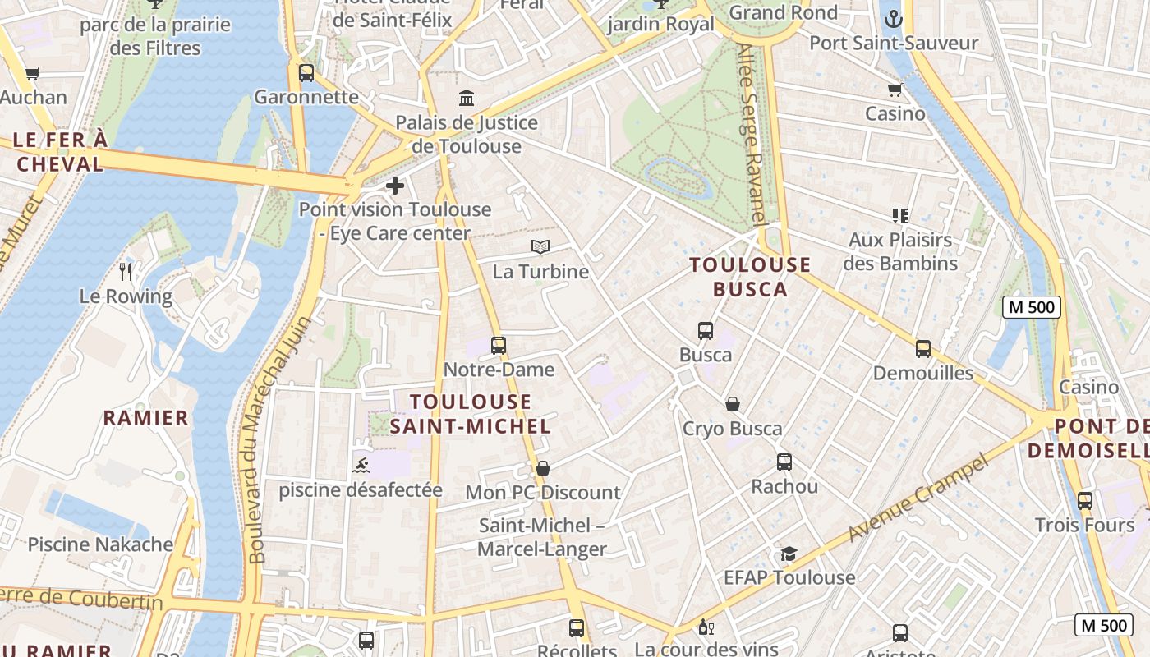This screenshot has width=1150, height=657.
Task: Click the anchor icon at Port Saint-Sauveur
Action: (x=893, y=19)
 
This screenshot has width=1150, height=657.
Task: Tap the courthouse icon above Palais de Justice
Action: (x=467, y=99)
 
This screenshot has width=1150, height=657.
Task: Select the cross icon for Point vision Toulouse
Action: (x=395, y=186)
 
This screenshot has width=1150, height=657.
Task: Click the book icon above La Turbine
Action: (x=540, y=246)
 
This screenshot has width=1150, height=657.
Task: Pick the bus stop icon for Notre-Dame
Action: (x=499, y=346)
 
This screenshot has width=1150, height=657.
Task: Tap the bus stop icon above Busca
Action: (x=706, y=331)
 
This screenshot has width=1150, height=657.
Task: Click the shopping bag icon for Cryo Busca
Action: (x=733, y=404)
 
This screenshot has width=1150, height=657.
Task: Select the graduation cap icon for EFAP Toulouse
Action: (x=789, y=554)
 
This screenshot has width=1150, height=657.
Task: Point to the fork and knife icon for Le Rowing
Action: (x=126, y=271)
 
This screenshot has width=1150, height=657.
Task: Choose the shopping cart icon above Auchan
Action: (x=33, y=74)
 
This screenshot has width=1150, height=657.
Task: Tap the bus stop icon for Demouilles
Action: (x=923, y=349)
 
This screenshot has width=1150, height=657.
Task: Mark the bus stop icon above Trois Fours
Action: (x=1085, y=500)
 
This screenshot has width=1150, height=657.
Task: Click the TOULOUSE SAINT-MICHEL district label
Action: (x=471, y=414)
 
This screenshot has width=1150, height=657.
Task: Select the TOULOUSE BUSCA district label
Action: (x=750, y=277)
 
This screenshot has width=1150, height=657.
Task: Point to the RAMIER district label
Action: (x=146, y=418)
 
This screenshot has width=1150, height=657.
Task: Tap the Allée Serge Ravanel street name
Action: (x=752, y=134)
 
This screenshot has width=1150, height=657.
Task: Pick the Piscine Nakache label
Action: (x=100, y=544)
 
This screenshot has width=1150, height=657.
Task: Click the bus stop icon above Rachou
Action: (x=784, y=462)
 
